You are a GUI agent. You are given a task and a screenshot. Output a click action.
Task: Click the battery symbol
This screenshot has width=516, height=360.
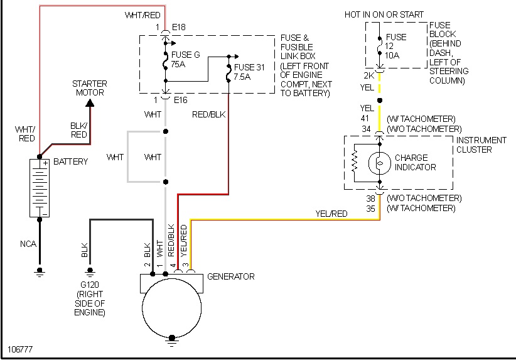40,188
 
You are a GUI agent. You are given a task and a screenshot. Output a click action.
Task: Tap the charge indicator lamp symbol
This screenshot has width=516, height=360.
380,163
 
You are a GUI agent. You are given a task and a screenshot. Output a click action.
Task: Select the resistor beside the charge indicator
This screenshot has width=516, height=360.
355,163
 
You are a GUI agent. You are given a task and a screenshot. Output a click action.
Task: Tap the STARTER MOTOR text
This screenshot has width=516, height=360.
89,88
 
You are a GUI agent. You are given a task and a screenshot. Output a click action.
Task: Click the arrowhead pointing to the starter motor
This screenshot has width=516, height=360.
90,101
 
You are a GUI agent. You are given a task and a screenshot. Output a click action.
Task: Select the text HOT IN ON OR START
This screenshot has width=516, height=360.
384,14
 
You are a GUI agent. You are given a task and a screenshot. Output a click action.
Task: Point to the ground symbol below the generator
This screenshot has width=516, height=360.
171,344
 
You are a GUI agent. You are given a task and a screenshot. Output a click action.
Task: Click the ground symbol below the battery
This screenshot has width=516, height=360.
40,272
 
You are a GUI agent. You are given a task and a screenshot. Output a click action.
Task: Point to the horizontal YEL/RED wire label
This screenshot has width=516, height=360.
331,214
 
